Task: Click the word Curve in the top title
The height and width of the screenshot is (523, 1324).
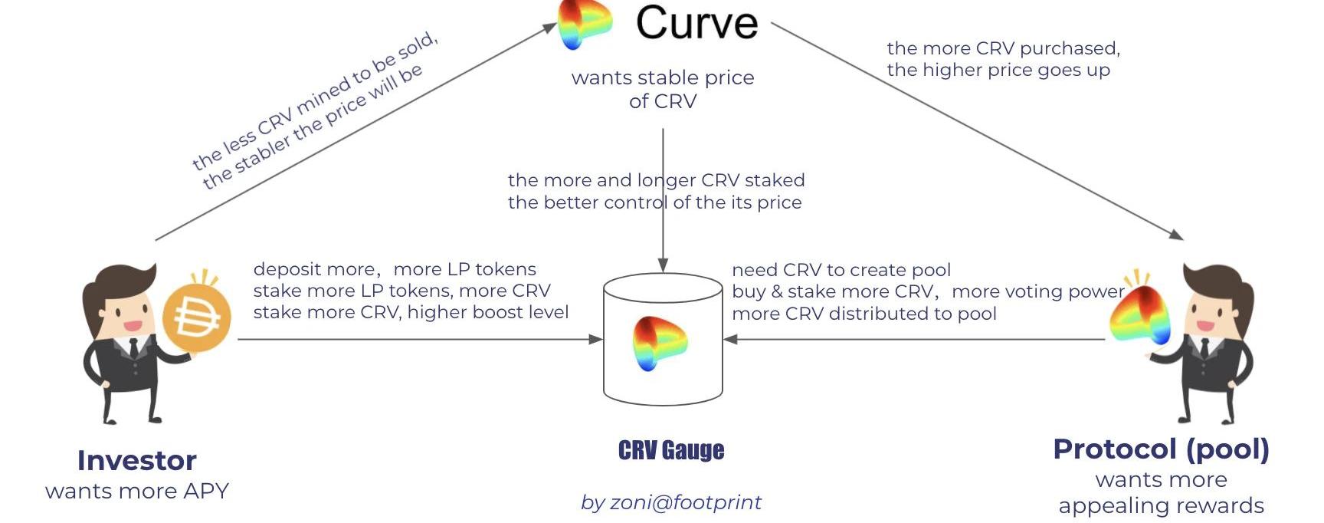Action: pyautogui.click(x=696, y=23)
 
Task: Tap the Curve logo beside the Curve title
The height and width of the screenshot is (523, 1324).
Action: pyautogui.click(x=584, y=23)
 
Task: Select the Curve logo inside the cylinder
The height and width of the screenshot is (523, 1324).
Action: pyautogui.click(x=660, y=344)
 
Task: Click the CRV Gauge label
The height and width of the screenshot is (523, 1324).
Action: pyautogui.click(x=671, y=450)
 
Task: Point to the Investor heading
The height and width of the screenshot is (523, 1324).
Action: pyautogui.click(x=137, y=460)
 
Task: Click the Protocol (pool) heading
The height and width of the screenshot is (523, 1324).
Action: pyautogui.click(x=1161, y=449)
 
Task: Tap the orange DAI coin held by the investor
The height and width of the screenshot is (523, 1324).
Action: pyautogui.click(x=196, y=317)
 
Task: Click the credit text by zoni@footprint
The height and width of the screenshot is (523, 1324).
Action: pyautogui.click(x=671, y=502)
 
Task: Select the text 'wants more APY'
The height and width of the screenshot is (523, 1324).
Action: pyautogui.click(x=137, y=491)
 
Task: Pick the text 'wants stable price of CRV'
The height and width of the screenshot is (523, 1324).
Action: pyautogui.click(x=663, y=89)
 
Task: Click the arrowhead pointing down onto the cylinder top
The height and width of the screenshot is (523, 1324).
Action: pyautogui.click(x=663, y=265)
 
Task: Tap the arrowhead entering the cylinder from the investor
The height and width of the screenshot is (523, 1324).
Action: pyautogui.click(x=595, y=339)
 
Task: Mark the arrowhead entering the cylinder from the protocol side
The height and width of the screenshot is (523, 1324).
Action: pyautogui.click(x=730, y=339)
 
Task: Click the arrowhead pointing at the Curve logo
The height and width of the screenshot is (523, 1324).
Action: pyautogui.click(x=549, y=28)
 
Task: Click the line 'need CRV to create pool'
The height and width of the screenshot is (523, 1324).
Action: pyautogui.click(x=841, y=270)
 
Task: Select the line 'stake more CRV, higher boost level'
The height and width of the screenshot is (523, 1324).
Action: pyautogui.click(x=411, y=312)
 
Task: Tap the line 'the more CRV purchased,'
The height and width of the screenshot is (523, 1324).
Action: pyautogui.click(x=1003, y=48)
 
